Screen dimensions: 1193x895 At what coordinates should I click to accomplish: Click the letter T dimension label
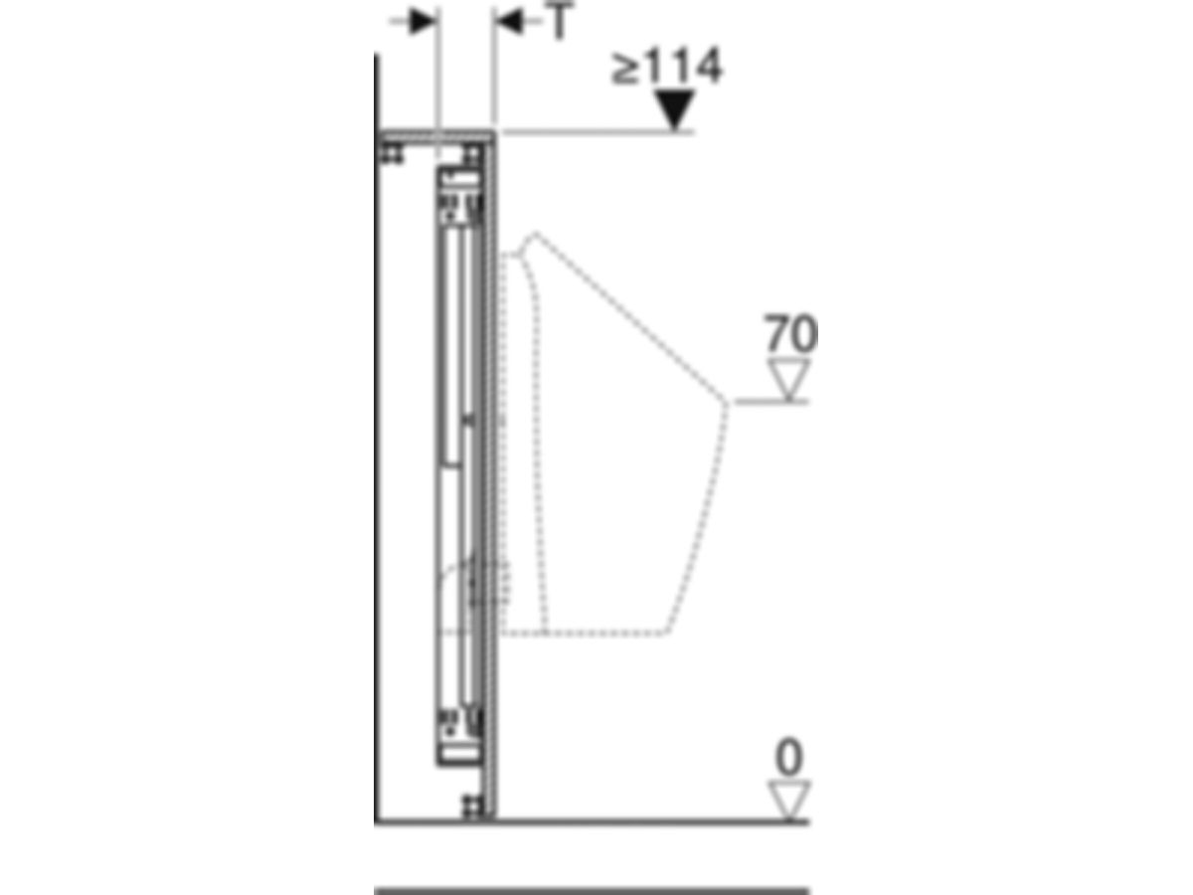[x=560, y=21]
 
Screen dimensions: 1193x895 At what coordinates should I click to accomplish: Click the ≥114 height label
[x=667, y=67]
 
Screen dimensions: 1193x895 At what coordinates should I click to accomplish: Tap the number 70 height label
[x=790, y=332]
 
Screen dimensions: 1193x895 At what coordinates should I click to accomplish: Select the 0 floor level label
[x=789, y=757]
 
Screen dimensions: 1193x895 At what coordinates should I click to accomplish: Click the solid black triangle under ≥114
[x=674, y=109]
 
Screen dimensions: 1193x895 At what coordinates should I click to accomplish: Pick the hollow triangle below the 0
[x=789, y=801]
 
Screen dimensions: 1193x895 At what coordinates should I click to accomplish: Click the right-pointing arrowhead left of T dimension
[x=423, y=21]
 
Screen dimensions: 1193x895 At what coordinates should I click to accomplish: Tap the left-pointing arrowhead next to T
[x=509, y=21]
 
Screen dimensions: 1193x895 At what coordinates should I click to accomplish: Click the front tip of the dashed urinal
[x=727, y=402]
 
